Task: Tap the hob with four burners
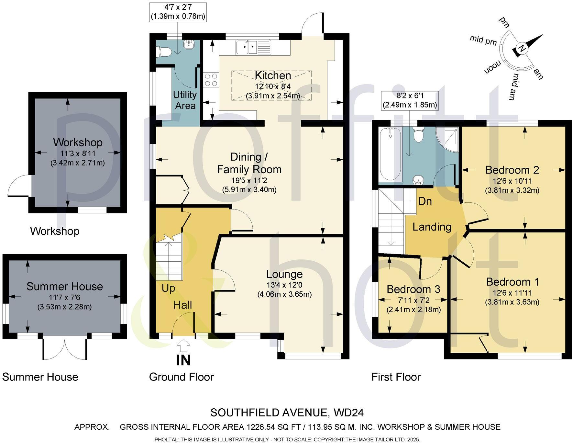(211, 80)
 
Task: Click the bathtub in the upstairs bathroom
(390, 154)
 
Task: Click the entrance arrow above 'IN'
(184, 346)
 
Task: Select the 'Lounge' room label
(284, 274)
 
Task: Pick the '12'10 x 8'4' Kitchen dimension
(273, 86)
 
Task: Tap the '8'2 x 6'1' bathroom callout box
(409, 101)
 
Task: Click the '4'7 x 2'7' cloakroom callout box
(177, 12)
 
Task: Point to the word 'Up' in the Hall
(168, 288)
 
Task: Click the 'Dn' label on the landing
(425, 201)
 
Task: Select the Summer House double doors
(65, 350)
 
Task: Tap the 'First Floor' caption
(396, 377)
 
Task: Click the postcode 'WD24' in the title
(348, 413)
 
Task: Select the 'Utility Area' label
(185, 100)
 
